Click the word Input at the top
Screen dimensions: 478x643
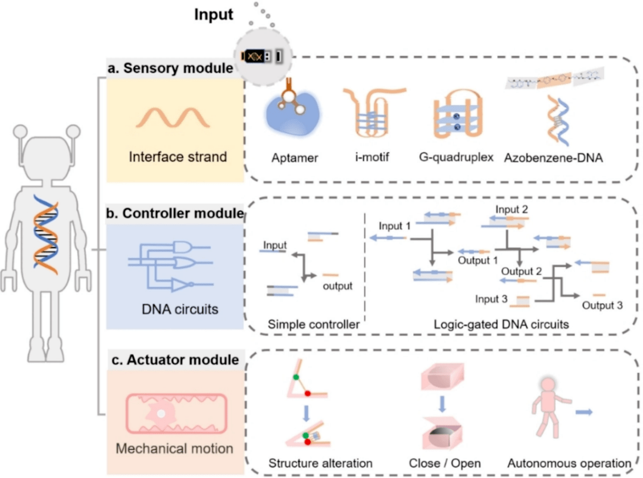click(x=214, y=15)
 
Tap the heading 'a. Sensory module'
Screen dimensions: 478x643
click(x=170, y=68)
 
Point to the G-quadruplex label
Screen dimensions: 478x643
click(x=456, y=158)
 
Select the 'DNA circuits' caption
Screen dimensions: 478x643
click(x=173, y=308)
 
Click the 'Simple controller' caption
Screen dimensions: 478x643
click(x=313, y=324)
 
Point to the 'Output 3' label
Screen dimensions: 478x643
click(x=603, y=305)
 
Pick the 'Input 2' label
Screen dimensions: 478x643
click(x=512, y=210)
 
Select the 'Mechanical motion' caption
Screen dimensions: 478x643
click(x=174, y=448)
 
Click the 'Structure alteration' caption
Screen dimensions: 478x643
click(x=320, y=463)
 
